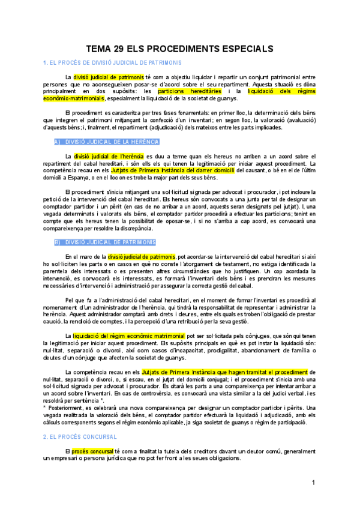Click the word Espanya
pos(82,178)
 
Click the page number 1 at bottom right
pos(313,483)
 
